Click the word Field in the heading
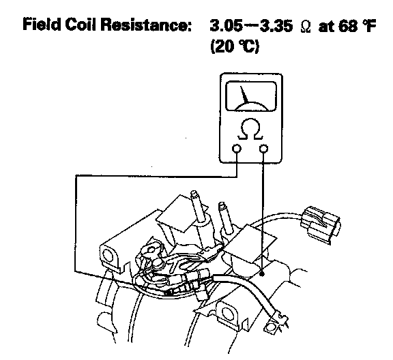[42, 25]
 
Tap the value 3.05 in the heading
[226, 25]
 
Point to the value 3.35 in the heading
[276, 25]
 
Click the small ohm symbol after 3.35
[306, 27]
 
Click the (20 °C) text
[234, 46]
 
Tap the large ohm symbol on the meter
[250, 129]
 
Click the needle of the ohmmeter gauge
[244, 95]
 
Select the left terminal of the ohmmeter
[236, 149]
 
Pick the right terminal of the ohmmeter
[263, 149]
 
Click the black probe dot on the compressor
[262, 274]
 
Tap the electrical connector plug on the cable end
[320, 224]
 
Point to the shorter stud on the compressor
[225, 216]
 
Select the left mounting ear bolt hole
[108, 256]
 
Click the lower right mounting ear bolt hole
[227, 313]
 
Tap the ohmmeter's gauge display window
[251, 96]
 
